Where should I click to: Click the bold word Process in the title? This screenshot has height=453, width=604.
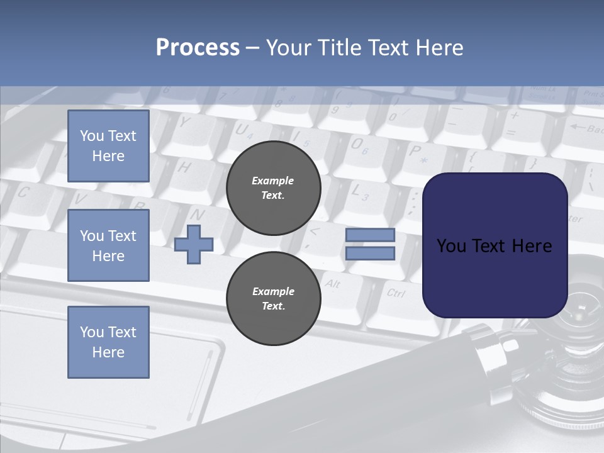(x=198, y=48)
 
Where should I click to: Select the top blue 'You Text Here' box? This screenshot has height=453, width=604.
(x=108, y=146)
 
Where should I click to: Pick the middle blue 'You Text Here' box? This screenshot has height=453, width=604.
(x=108, y=245)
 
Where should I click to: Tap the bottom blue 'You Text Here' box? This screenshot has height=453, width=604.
(x=108, y=342)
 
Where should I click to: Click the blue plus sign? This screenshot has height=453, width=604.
(x=193, y=245)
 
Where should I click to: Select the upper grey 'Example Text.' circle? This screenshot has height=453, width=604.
(x=273, y=188)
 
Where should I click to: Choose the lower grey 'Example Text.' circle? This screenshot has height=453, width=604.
(x=273, y=299)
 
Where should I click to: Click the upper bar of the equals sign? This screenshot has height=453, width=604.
(x=370, y=235)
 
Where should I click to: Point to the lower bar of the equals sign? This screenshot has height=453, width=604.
(x=370, y=254)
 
